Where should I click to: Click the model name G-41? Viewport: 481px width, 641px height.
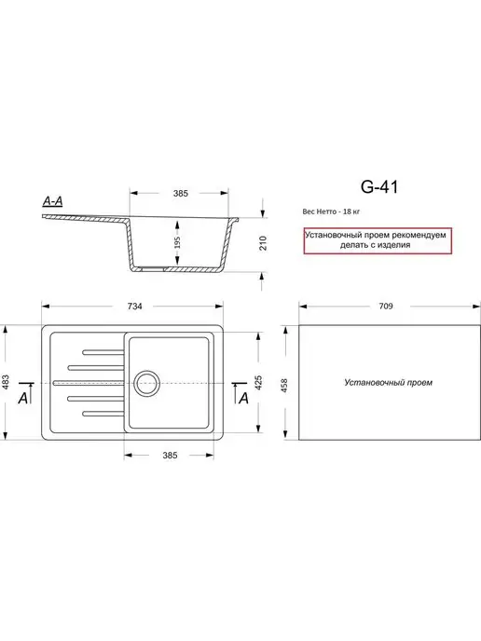click(x=379, y=187)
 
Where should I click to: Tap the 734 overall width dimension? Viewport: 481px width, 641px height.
click(x=134, y=307)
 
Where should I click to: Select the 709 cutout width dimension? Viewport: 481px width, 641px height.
click(x=386, y=307)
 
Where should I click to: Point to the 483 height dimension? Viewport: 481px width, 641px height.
click(x=6, y=383)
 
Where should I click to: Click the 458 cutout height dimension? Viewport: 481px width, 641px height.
click(x=284, y=385)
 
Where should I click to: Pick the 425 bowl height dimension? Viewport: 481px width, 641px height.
click(x=258, y=383)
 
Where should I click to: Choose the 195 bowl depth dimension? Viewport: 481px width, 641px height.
click(x=177, y=243)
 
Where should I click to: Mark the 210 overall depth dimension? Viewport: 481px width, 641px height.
click(x=263, y=243)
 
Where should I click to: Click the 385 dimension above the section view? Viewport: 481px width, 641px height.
click(x=181, y=194)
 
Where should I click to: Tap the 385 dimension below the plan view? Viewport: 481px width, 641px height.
click(x=170, y=456)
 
